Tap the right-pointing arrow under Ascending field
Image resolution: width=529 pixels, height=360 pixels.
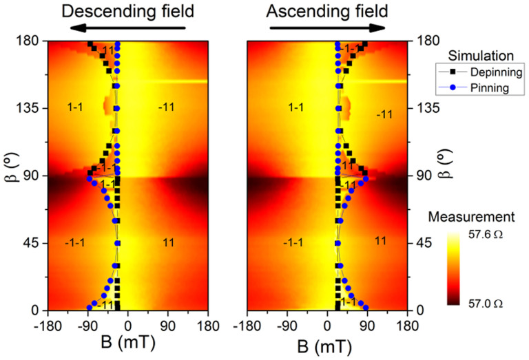(327, 28)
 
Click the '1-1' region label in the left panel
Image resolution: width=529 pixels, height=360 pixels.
(76, 107)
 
